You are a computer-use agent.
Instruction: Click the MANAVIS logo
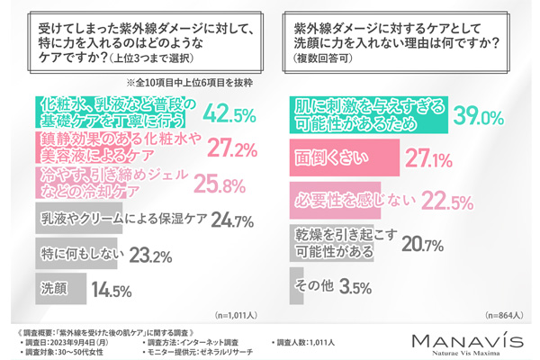460,342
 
